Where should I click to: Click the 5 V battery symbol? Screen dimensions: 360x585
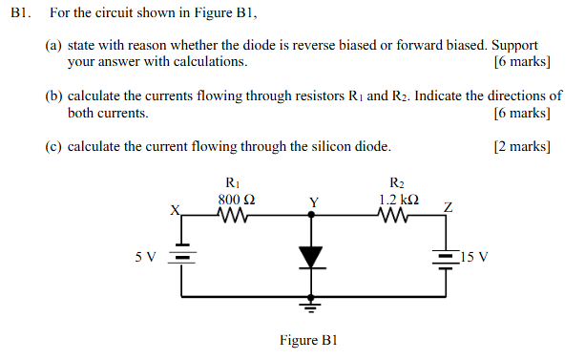(182, 257)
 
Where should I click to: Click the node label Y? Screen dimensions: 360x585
(312, 202)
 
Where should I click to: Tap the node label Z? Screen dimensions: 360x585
(448, 207)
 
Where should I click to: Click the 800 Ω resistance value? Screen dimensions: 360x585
(236, 200)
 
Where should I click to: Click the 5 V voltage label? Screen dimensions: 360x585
(145, 257)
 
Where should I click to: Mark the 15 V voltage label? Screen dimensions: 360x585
(473, 257)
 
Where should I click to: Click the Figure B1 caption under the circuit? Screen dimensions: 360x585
(308, 340)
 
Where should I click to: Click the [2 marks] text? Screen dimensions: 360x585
(521, 146)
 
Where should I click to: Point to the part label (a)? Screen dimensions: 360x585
(54, 45)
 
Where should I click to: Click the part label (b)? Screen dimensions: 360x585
(54, 96)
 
